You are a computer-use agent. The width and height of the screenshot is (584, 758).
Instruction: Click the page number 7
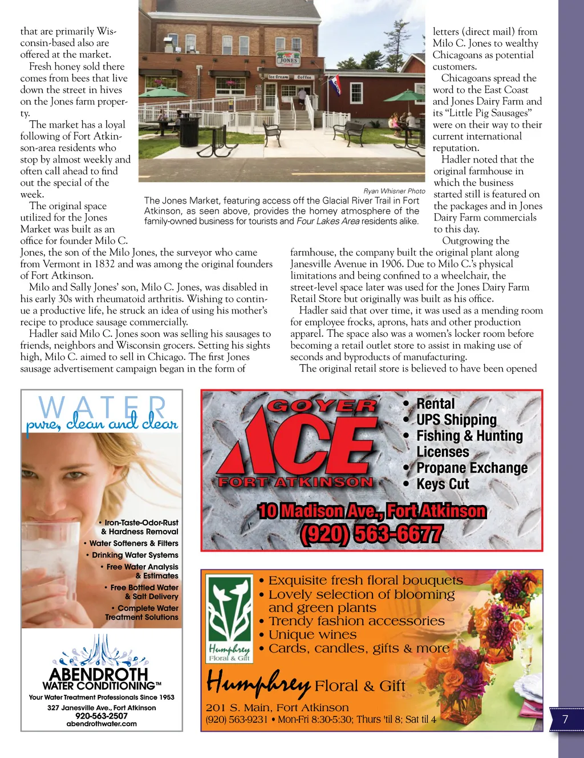[565, 719]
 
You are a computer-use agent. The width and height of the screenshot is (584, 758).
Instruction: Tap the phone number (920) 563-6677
[371, 534]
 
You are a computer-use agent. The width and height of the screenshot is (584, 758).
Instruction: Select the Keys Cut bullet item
[442, 484]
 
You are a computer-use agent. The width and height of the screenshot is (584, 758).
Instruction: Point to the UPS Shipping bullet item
[456, 419]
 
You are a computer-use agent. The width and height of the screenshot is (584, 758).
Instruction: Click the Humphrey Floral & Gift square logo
[229, 618]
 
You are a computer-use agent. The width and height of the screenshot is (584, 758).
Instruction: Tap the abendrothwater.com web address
[102, 724]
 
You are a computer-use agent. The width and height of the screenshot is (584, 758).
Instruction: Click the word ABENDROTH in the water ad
[99, 675]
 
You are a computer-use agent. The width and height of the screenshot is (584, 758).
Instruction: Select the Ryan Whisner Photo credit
[394, 191]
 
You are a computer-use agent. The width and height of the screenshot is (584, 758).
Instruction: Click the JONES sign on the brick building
[288, 59]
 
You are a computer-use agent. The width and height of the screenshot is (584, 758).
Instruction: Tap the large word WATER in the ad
[103, 407]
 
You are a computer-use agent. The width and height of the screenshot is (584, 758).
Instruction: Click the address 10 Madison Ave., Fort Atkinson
[372, 511]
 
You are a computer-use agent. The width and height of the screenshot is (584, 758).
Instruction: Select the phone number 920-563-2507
[102, 716]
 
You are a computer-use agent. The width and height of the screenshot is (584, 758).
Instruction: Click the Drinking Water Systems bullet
[135, 555]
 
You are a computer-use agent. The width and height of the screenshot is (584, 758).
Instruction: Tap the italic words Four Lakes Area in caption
[328, 221]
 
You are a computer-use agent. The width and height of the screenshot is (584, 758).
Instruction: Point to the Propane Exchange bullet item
[472, 468]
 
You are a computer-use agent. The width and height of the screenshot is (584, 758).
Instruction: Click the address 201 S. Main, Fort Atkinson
[277, 707]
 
